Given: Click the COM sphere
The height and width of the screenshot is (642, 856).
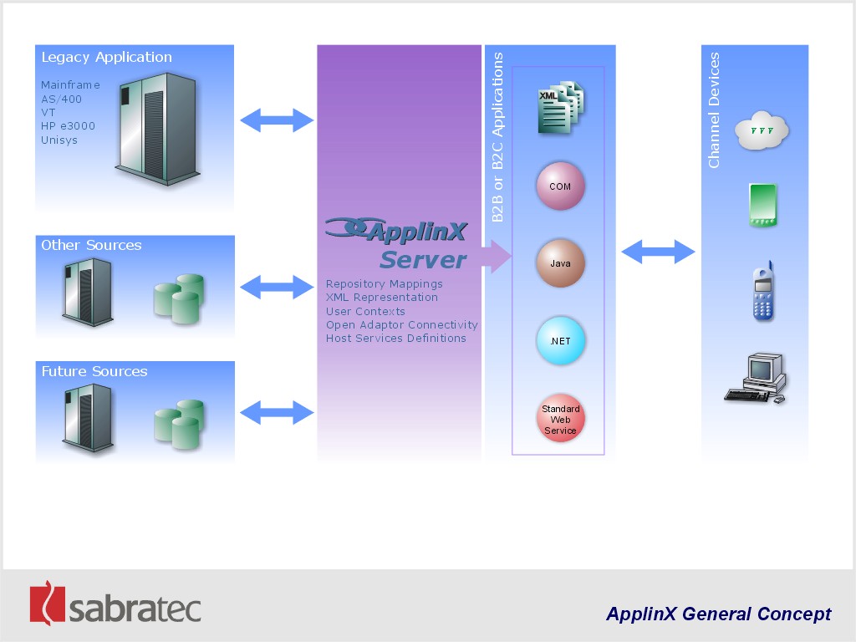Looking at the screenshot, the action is click(x=560, y=186).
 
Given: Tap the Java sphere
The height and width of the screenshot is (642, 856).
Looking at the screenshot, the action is click(x=560, y=263).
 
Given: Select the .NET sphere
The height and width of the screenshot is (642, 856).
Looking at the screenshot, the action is click(x=560, y=341).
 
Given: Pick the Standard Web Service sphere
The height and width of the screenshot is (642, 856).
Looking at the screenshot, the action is click(x=560, y=419).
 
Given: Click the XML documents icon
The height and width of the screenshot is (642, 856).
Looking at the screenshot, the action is click(x=561, y=108).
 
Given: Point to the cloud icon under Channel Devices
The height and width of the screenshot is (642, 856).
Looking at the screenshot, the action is click(x=762, y=130).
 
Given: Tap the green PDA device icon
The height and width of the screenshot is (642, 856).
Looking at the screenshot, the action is click(x=762, y=206).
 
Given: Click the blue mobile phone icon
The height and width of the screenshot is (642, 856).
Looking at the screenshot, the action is click(x=763, y=291).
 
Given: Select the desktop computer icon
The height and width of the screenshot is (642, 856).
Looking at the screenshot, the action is click(x=756, y=379).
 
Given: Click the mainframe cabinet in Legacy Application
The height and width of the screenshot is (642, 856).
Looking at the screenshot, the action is click(x=157, y=129).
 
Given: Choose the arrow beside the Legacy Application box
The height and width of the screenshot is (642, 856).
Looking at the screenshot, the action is click(x=277, y=120).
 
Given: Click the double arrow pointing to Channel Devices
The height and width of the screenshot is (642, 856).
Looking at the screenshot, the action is click(x=659, y=252).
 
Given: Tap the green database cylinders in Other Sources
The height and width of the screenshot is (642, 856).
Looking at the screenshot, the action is click(x=180, y=298).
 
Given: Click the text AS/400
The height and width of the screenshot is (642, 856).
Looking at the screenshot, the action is click(x=61, y=99).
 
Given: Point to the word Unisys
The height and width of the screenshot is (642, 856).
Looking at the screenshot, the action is click(x=59, y=140).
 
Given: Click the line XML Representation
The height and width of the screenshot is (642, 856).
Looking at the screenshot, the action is click(x=381, y=298).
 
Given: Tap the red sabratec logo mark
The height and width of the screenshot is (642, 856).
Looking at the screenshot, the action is click(x=47, y=603).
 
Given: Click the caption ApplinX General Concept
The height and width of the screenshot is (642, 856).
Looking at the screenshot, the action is click(x=718, y=614).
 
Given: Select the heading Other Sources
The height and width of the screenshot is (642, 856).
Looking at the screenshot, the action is click(x=91, y=245).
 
